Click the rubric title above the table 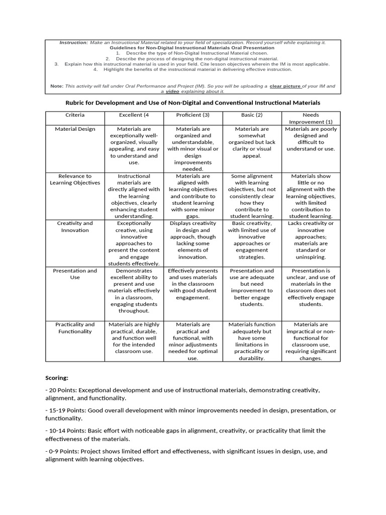[192, 102]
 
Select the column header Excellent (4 [134, 115]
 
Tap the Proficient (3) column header [192, 115]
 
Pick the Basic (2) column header [252, 115]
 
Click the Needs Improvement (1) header [311, 118]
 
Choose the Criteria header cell [75, 115]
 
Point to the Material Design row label [75, 129]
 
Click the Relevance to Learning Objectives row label [75, 180]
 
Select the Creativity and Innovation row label [75, 226]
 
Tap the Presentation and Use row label [75, 274]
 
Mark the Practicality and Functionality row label [75, 328]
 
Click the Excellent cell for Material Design [134, 146]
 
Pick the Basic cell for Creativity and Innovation [252, 240]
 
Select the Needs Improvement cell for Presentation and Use [311, 287]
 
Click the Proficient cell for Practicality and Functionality [192, 341]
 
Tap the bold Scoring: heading [57, 377]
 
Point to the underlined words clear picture [285, 86]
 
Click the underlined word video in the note [172, 92]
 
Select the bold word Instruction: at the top [74, 43]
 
